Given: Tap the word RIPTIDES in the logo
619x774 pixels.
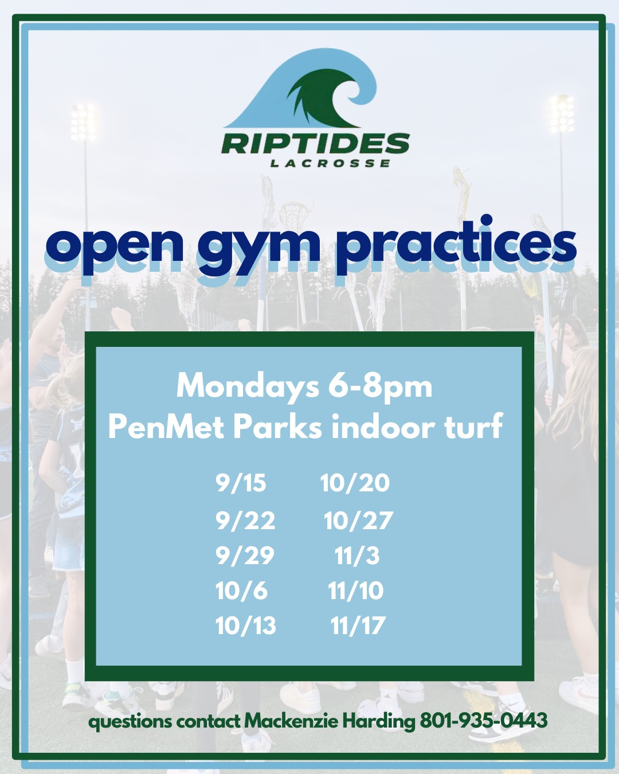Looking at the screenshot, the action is tap(315, 143).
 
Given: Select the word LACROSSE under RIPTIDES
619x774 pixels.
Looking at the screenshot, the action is tap(330, 163).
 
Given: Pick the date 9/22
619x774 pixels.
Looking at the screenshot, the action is tap(246, 521).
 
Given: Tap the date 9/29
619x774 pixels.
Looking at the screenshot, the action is tap(245, 556).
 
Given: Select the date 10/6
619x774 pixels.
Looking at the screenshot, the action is tap(242, 590).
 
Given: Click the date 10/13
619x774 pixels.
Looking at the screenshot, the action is tap(246, 625).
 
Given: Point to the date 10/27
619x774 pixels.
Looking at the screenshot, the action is tap(358, 521).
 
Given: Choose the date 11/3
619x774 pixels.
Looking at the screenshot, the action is tap(357, 556).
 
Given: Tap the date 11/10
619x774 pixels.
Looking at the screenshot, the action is tap(356, 590).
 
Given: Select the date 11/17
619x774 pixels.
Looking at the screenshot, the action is tap(358, 625).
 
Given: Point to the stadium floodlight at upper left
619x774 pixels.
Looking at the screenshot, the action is tap(83, 122).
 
